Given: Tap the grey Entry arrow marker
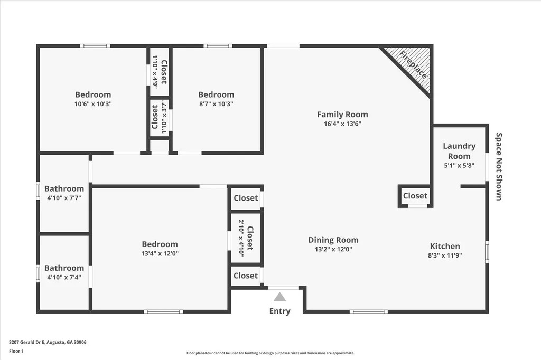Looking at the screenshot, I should click(279, 297).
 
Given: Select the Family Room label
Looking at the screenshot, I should click(342, 115).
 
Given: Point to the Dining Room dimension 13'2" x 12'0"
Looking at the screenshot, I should click(333, 249).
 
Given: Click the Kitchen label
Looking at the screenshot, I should click(445, 246).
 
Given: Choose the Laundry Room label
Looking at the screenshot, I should click(459, 151).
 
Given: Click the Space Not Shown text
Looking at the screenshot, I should click(498, 166).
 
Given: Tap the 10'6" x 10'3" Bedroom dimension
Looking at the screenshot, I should click(93, 104).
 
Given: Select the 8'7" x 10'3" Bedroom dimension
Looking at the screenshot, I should click(216, 104).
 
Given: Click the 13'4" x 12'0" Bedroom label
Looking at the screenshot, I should click(160, 244).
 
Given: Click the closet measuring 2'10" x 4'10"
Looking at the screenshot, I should click(246, 238).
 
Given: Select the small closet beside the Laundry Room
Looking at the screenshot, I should click(415, 196).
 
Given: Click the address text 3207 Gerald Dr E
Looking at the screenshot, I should click(48, 342).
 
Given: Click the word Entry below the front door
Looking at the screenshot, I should click(279, 311).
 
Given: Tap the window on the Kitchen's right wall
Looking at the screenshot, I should click(487, 252).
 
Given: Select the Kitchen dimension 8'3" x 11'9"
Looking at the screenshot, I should click(445, 255).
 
